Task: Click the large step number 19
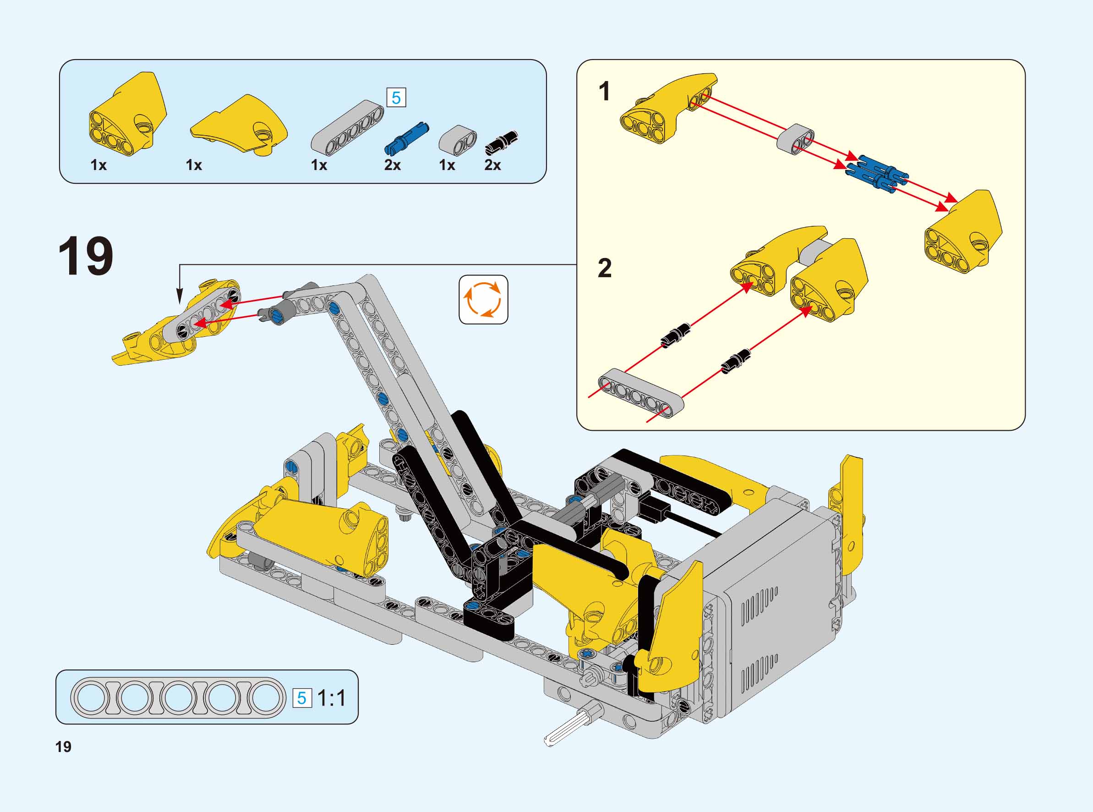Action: [86, 256]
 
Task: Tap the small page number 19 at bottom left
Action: [63, 746]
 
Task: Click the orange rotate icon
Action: [483, 299]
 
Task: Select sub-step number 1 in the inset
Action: [605, 92]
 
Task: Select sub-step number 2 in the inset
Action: [605, 268]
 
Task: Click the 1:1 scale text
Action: [332, 698]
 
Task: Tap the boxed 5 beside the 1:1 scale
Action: [302, 698]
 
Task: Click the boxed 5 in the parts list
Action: [396, 97]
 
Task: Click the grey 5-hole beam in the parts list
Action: [347, 127]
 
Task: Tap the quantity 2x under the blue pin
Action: [393, 165]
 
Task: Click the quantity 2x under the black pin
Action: [493, 165]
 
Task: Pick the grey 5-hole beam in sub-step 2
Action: [641, 393]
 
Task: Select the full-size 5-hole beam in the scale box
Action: [178, 698]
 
